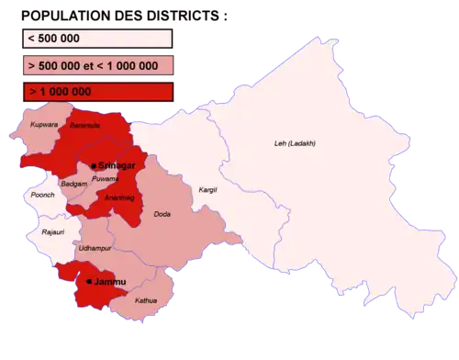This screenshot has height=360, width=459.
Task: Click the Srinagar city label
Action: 117,165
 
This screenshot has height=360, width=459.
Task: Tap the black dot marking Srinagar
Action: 94,165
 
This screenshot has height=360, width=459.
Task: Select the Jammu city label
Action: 109,281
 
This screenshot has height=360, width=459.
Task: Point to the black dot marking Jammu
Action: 89,282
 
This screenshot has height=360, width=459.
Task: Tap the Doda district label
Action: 162,214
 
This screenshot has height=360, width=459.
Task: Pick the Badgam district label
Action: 73,185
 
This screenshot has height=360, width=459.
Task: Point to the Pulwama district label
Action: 106,179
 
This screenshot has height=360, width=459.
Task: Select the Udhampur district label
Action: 95,249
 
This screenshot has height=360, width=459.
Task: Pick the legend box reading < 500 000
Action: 97,39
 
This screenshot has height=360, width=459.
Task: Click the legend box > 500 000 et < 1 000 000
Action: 97,66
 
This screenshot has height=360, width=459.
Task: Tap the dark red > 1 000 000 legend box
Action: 97,93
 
